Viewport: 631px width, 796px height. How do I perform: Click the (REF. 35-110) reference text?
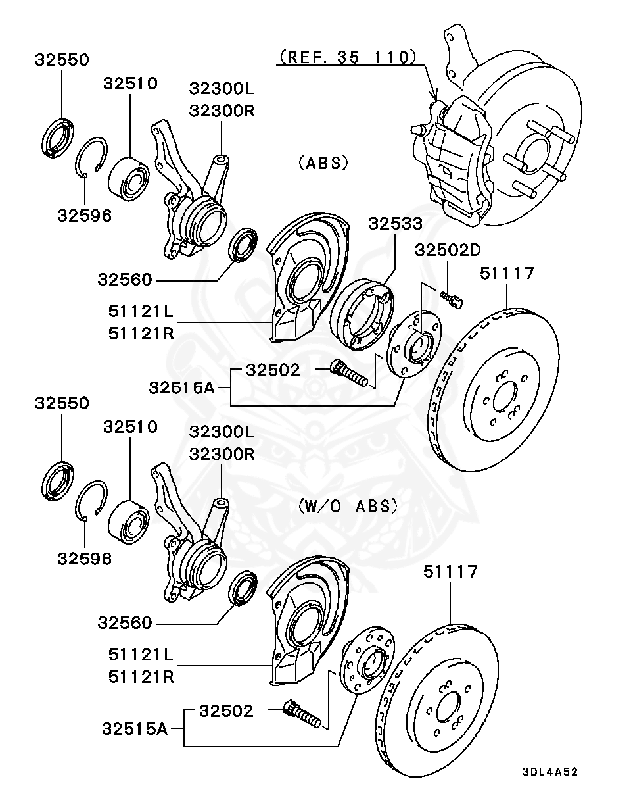click(348, 57)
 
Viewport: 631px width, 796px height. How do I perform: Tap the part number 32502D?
click(448, 250)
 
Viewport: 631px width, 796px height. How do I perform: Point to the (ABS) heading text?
click(323, 162)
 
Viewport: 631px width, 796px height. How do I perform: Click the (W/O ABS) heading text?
click(348, 506)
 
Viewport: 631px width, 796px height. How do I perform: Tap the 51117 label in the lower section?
click(450, 572)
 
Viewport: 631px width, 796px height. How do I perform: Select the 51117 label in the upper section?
click(507, 273)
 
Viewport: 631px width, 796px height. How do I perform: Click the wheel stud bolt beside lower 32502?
click(303, 715)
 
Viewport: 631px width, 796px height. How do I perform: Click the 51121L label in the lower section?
click(141, 655)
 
